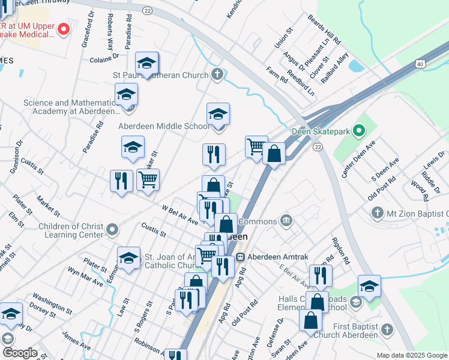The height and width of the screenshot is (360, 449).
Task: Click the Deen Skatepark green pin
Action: [x=359, y=130]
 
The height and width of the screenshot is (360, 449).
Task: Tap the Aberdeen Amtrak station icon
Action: [x=240, y=257]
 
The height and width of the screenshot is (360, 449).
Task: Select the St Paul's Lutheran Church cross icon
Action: [x=218, y=75]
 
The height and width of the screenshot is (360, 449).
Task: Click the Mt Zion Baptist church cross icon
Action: [x=376, y=212]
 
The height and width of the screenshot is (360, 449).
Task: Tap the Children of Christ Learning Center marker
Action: [x=112, y=230]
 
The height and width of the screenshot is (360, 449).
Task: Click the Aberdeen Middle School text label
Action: [x=164, y=126]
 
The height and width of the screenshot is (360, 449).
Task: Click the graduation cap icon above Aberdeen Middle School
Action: [x=218, y=113]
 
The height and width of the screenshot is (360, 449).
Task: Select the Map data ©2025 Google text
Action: [x=411, y=355]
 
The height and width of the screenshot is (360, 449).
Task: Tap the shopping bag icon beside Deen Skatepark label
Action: [x=274, y=154]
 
